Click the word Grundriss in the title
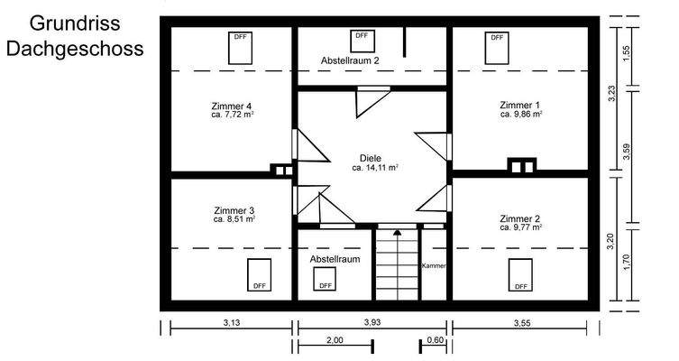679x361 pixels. [74, 22]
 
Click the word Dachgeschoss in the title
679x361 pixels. [74, 47]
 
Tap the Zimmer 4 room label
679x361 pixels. [231, 106]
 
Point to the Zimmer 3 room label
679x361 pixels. [234, 210]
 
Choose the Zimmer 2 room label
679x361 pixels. [520, 219]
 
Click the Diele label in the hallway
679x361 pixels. [371, 158]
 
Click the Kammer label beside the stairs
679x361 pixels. [434, 266]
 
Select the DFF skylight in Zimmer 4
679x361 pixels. [241, 47]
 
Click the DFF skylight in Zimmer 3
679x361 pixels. [260, 274]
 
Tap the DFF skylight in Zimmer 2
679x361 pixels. [520, 274]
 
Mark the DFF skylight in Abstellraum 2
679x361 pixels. [362, 41]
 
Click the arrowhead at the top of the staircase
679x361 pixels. [397, 233]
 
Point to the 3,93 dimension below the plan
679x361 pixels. [372, 322]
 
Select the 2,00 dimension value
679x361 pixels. [334, 340]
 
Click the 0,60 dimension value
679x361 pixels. [436, 340]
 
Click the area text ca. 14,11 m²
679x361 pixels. [375, 168]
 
